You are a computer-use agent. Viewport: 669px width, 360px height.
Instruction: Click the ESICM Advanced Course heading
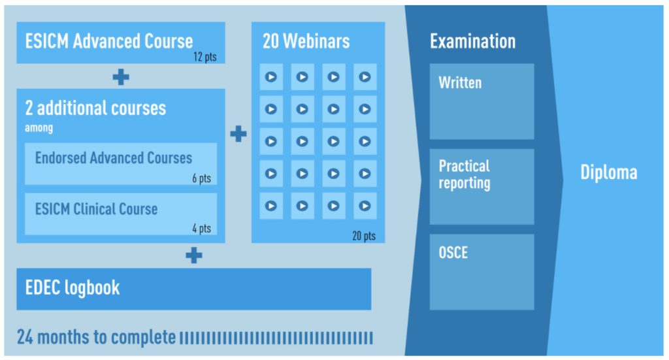point(109,41)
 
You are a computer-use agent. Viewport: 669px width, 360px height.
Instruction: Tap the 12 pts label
point(204,57)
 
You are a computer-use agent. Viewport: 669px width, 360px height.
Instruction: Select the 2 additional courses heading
point(95,108)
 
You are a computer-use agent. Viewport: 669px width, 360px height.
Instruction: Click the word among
point(39,127)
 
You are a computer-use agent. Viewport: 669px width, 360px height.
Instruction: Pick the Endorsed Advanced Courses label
point(114,158)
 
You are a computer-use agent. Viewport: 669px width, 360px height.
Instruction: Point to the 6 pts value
point(201,178)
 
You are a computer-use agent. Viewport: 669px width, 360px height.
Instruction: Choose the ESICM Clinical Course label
point(97,209)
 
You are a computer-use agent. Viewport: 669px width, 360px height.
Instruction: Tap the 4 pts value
point(201,228)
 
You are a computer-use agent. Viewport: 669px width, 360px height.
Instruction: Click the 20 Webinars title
point(306,41)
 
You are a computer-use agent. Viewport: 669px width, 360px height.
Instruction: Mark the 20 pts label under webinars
point(364,236)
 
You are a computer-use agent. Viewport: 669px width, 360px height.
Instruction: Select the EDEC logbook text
point(73,288)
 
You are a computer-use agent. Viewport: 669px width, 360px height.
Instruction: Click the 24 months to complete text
point(97,337)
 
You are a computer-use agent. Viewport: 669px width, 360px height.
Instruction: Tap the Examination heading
point(473,41)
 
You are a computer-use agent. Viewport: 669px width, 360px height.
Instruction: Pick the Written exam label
point(460,83)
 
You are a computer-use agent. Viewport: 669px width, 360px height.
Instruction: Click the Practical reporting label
point(465,174)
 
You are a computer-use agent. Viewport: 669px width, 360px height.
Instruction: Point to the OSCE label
point(453,252)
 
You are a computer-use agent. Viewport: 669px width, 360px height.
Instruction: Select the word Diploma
point(609,172)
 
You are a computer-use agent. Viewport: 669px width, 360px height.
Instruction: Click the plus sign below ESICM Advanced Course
point(121,77)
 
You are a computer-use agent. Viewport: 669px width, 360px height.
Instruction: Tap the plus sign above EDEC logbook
point(194,255)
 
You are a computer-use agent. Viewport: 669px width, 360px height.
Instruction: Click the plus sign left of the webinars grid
point(238,134)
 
